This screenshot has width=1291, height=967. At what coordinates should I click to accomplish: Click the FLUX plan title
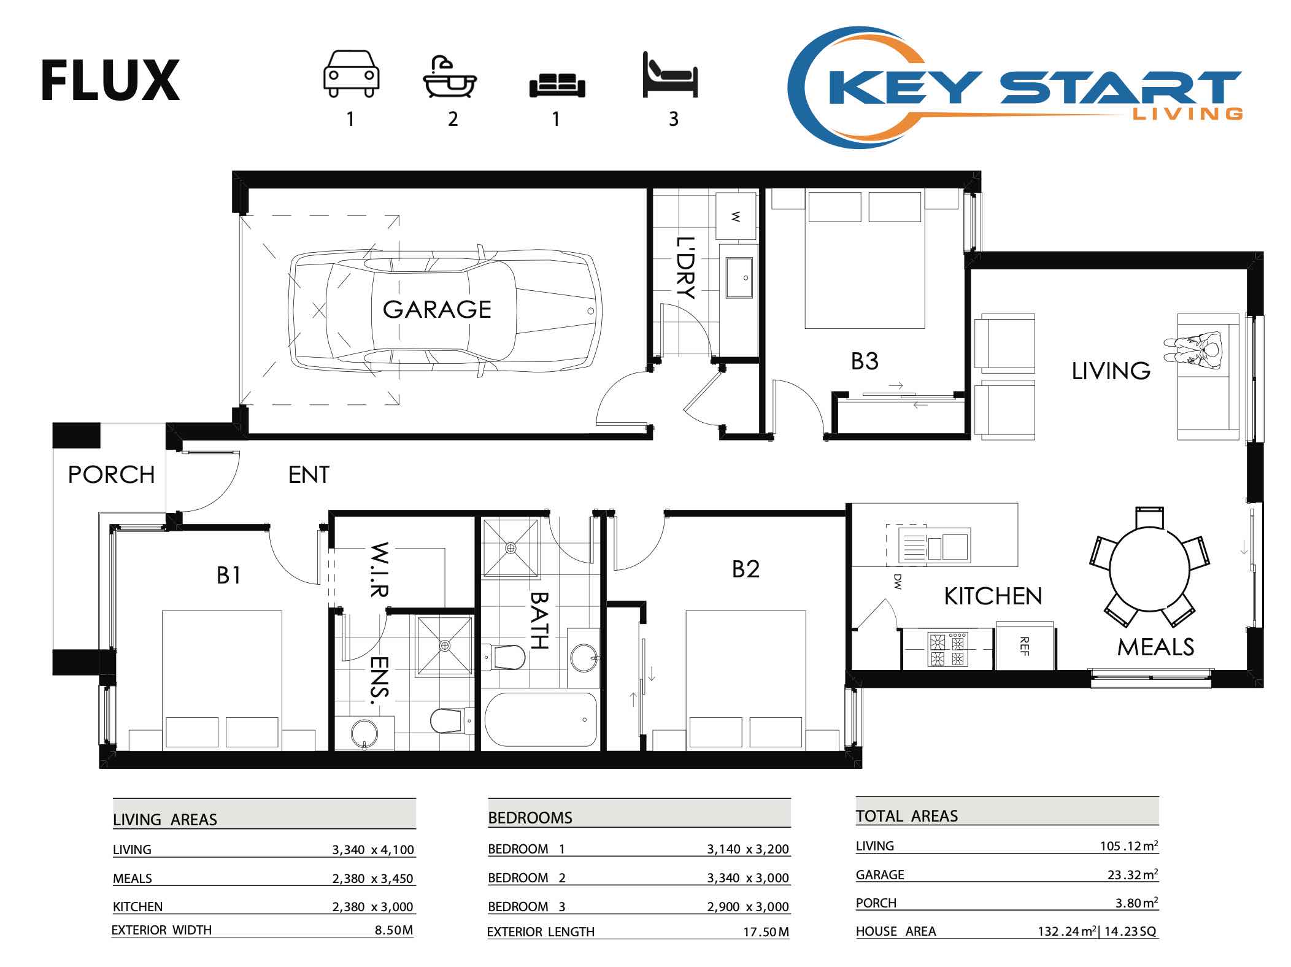(110, 80)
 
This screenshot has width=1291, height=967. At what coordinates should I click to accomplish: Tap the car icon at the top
(351, 74)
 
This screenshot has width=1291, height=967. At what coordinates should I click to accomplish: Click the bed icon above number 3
(670, 75)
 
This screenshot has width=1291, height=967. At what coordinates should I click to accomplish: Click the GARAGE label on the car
(437, 309)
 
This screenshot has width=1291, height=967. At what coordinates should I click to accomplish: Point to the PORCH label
(111, 475)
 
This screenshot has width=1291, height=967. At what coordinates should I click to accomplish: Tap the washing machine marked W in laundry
(736, 216)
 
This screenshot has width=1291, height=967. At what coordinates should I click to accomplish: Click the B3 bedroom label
(865, 361)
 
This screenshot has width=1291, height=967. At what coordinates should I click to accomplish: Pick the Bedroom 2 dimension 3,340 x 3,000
(747, 878)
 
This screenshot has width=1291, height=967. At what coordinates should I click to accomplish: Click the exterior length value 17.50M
(766, 932)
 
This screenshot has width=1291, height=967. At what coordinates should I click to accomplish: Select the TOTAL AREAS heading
(906, 816)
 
